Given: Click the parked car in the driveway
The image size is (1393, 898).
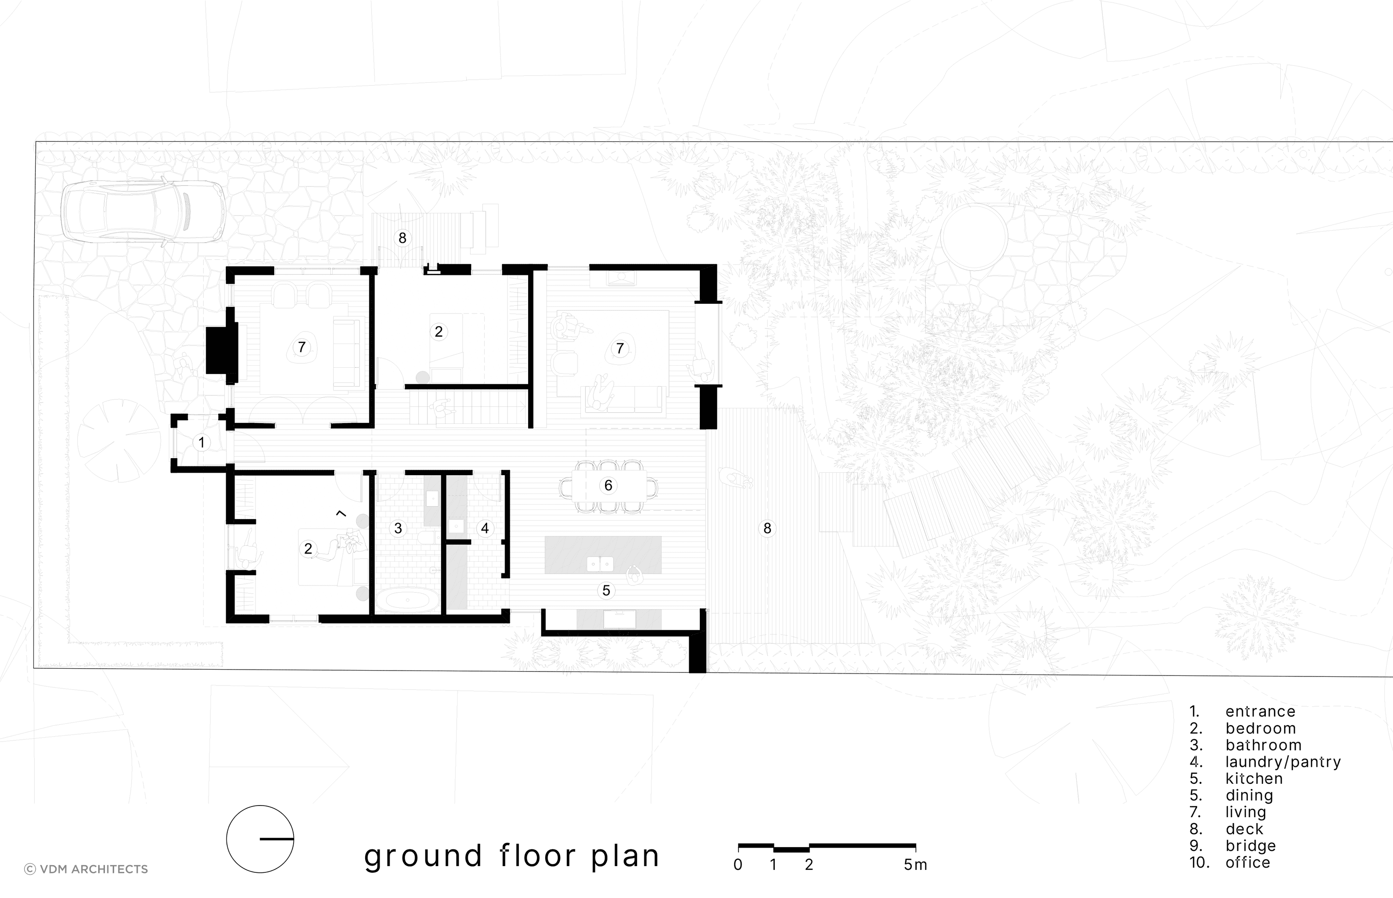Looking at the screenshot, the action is click(143, 211).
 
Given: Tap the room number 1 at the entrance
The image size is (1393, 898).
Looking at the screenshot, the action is click(202, 443).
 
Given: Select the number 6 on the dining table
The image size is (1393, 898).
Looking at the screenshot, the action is click(608, 485).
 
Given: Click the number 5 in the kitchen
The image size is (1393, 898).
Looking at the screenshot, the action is click(606, 591).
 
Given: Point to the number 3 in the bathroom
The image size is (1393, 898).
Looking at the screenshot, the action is click(398, 528).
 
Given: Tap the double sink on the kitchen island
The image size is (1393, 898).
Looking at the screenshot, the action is click(600, 564).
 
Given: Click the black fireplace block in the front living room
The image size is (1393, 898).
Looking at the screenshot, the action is click(222, 350).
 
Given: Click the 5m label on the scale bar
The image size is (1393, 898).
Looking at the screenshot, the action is click(915, 865).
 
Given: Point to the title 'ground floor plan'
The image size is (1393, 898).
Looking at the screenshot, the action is click(512, 856).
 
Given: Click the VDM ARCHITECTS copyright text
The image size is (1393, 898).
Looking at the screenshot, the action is click(86, 869).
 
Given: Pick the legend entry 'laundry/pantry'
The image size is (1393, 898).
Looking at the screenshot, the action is click(1283, 762).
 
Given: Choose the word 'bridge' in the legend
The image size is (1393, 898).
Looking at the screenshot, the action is click(1251, 846).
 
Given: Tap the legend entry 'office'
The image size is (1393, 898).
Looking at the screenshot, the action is click(1248, 862).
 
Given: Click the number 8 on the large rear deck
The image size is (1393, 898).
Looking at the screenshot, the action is click(767, 528).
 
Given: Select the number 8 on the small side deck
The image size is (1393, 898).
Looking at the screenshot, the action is click(402, 238).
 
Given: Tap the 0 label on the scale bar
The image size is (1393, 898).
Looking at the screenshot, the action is click(738, 865).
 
